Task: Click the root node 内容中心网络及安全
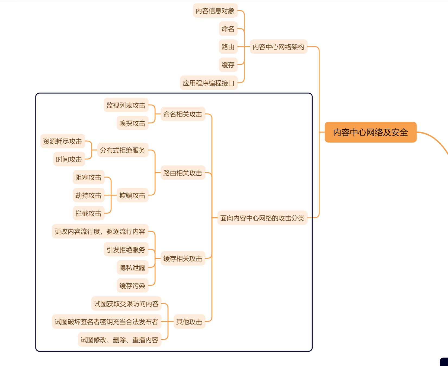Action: click(x=370, y=132)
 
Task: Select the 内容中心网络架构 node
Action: click(x=278, y=47)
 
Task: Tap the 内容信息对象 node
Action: click(x=215, y=11)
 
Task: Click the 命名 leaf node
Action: click(x=228, y=29)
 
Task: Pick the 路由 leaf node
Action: click(x=228, y=47)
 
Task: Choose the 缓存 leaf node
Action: click(x=228, y=65)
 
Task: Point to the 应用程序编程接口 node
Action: click(x=209, y=83)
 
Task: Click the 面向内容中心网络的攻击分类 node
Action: click(x=262, y=218)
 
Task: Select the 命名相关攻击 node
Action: click(x=183, y=114)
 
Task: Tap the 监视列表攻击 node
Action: click(x=126, y=105)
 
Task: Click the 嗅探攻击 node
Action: click(x=132, y=123)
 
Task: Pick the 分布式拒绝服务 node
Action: click(x=123, y=150)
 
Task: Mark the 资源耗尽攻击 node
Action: click(x=62, y=141)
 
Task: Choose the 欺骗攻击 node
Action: click(x=132, y=195)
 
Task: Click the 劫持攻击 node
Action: click(x=88, y=195)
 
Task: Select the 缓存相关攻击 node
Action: click(x=183, y=258)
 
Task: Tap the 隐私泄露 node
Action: click(x=132, y=267)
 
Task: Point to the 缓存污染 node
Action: click(x=132, y=285)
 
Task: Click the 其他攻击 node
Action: click(x=189, y=321)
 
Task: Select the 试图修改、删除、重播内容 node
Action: click(x=119, y=340)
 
